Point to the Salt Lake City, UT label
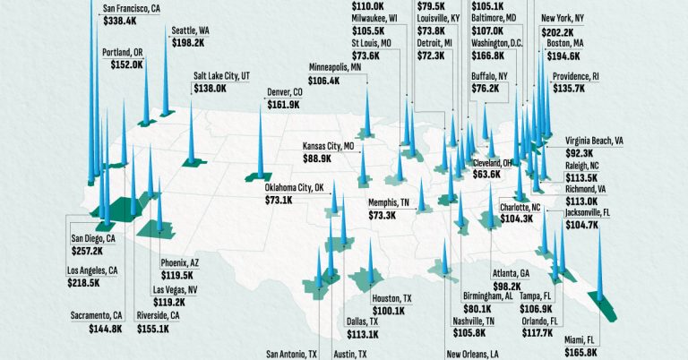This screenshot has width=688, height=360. (228, 76)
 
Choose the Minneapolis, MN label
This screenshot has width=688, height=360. (336, 67)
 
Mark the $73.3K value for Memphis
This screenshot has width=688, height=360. (387, 216)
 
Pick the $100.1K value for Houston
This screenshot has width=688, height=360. (391, 310)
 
